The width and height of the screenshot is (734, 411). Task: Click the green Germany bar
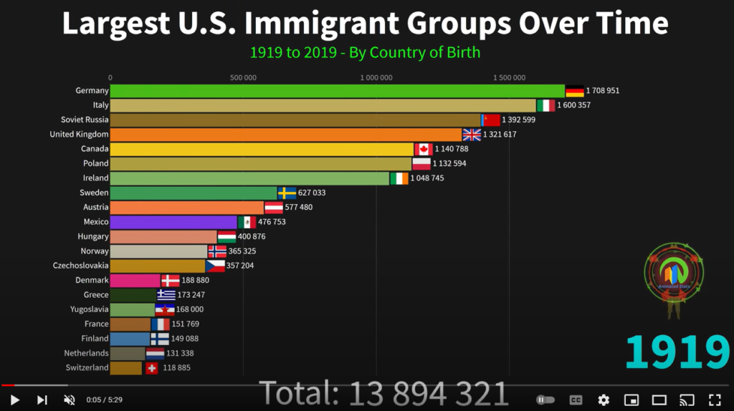pos(337,91)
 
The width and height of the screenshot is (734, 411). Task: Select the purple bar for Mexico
pos(173,222)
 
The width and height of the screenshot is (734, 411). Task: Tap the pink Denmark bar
pos(135,281)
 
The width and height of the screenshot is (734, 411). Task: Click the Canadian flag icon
pos(424,149)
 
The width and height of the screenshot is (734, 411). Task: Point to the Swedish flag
pos(287,193)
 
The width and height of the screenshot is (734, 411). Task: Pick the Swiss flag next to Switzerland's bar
pos(151,368)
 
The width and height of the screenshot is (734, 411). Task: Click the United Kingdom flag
pos(472,135)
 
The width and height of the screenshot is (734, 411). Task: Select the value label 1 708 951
pos(602,91)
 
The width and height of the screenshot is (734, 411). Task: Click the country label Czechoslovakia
pos(81,266)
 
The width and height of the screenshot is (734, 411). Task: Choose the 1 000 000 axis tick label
pos(376,77)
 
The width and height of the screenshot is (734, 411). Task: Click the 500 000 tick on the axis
pos(244,77)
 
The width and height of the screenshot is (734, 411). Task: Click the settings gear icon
pos(604,400)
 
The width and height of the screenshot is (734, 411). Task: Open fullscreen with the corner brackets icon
pos(715,400)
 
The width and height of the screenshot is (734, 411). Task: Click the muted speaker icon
pos(70,400)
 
